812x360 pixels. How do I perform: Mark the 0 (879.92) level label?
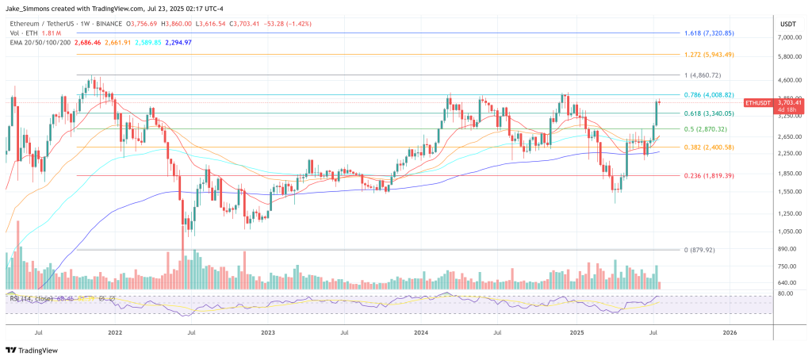coord(699,250)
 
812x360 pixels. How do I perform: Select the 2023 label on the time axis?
coord(268,334)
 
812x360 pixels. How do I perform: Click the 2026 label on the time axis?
coord(730,334)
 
